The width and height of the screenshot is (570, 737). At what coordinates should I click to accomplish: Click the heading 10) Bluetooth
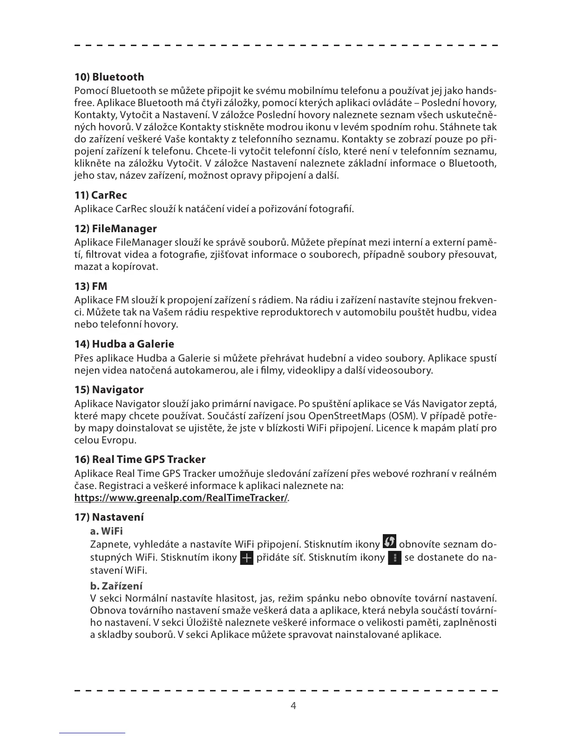tap(109, 77)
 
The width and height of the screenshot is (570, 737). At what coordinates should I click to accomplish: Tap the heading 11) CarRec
tap(101, 195)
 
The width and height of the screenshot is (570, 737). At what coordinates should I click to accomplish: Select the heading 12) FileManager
tap(115, 229)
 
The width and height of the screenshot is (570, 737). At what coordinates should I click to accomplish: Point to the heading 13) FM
tap(91, 287)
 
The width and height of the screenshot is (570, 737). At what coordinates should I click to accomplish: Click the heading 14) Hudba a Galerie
tap(124, 344)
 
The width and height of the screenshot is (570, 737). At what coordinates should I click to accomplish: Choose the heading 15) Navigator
tap(109, 390)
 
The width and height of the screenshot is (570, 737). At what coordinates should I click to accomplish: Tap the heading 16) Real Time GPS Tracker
tap(140, 460)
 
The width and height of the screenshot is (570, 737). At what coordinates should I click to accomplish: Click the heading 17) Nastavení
tap(109, 517)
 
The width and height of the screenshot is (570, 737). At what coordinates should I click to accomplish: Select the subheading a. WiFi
tap(106, 531)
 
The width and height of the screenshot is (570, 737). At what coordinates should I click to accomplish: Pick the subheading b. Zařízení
tap(116, 586)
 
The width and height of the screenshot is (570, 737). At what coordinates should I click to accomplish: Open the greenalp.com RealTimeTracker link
tap(181, 498)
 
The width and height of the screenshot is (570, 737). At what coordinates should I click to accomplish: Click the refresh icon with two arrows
tap(389, 542)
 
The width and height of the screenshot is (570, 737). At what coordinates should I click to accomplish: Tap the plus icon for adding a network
tap(246, 558)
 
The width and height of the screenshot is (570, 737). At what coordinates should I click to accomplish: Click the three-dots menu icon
tap(394, 558)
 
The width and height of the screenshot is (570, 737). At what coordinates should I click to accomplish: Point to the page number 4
tap(293, 706)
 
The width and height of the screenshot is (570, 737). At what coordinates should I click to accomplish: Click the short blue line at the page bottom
tap(92, 733)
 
